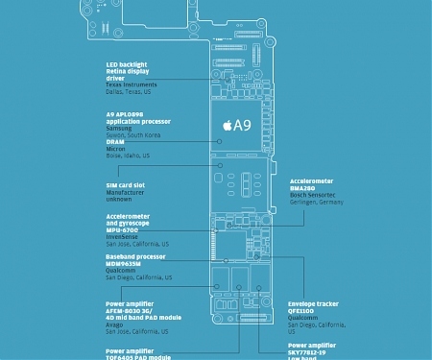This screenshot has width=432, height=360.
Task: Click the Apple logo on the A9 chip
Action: (227, 124)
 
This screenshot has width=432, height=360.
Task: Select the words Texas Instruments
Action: (132, 84)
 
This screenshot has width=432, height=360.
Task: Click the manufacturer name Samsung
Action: (120, 129)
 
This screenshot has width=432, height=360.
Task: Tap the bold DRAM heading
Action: (115, 142)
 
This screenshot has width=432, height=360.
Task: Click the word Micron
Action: (115, 149)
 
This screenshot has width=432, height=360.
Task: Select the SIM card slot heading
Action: (125, 185)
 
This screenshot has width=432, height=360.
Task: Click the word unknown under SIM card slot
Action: (119, 200)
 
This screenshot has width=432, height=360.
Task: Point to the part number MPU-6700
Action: (122, 230)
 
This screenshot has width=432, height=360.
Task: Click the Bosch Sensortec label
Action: (316, 196)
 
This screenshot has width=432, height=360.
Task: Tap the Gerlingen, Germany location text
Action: (316, 203)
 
